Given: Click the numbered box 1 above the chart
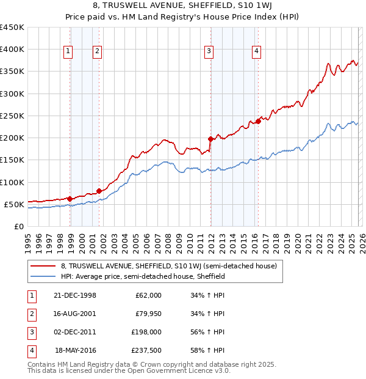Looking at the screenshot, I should (68, 51).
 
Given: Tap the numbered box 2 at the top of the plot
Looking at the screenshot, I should (96, 51).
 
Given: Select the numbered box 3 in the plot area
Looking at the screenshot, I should (209, 51).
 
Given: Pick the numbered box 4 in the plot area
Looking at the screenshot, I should (257, 51).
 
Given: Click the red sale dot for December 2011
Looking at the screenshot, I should (210, 139).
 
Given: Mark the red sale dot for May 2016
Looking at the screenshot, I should (259, 121).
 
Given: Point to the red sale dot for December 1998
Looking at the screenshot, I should (70, 199).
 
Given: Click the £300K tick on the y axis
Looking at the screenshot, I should (12, 94).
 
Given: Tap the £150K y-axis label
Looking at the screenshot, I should (12, 160).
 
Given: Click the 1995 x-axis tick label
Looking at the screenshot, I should (28, 238).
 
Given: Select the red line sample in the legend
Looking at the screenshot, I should (43, 266).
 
